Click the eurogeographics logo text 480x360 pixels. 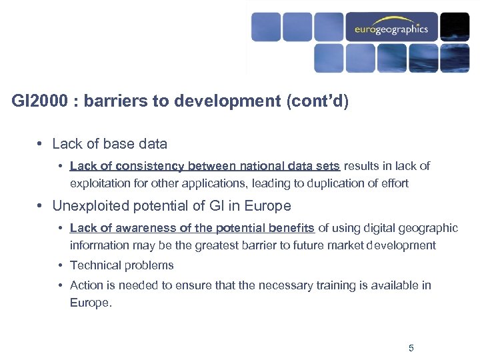pos(391,29)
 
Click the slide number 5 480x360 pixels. pos(411,348)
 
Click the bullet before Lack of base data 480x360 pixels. pos(41,144)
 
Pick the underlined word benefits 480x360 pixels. pos(291,228)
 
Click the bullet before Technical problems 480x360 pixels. pos(60,265)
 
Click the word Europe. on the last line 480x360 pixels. pos(89,303)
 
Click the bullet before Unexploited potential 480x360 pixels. pos(41,206)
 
